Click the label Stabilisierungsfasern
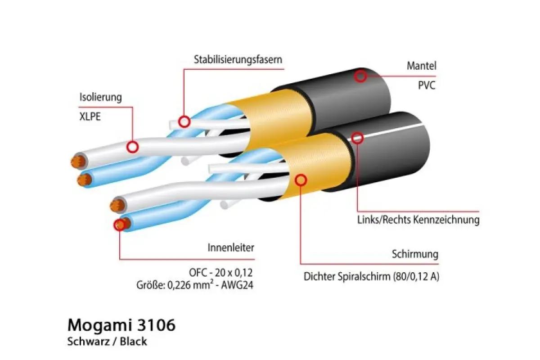click(x=238, y=59)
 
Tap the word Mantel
click(x=421, y=66)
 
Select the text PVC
click(x=427, y=85)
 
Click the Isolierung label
click(x=100, y=97)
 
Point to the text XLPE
click(x=90, y=117)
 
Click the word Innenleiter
click(x=231, y=247)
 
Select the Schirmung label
click(x=415, y=254)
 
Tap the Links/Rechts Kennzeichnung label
click(x=418, y=220)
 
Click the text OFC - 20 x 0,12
click(x=220, y=272)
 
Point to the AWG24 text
click(x=237, y=285)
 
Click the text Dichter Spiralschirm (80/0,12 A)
click(x=371, y=277)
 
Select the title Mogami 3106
click(x=121, y=325)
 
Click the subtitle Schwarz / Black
click(x=107, y=342)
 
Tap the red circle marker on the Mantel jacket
click(x=360, y=76)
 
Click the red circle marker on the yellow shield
click(x=301, y=180)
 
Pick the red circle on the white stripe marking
click(x=357, y=138)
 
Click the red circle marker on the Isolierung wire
click(x=132, y=147)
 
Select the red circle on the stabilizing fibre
click(x=184, y=122)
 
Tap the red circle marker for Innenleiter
click(x=120, y=225)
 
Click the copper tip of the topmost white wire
click(x=78, y=161)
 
